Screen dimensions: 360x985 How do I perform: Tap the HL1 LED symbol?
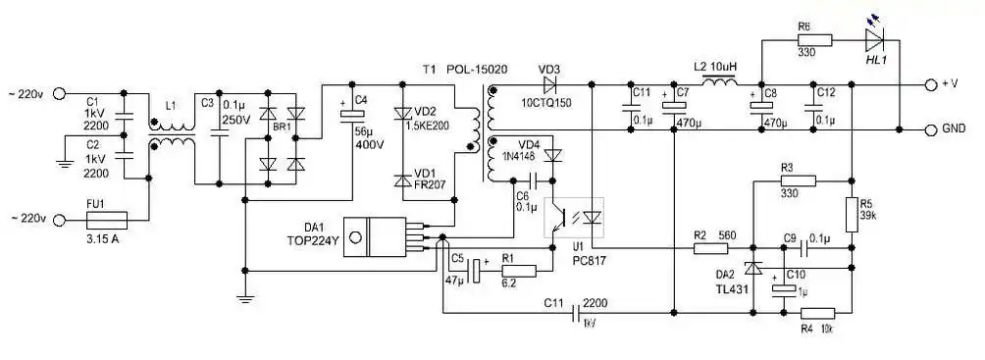coord(876,40)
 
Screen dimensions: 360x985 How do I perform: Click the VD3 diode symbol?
coord(549,83)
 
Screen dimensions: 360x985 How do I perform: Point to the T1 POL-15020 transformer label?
coord(457,70)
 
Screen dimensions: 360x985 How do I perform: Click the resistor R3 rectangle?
coord(797,181)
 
